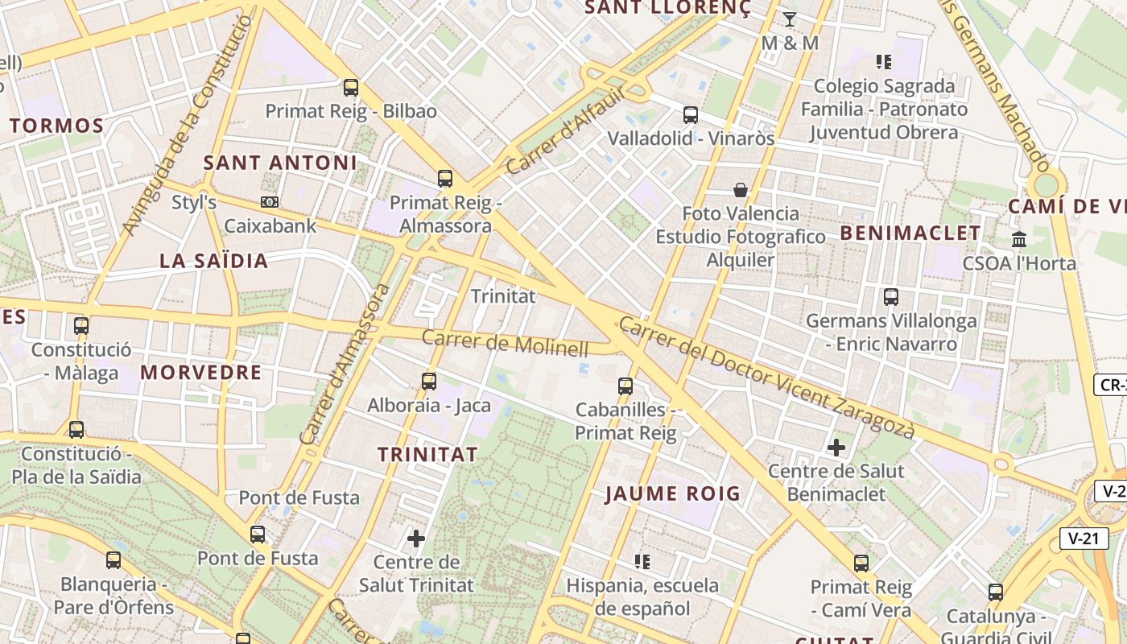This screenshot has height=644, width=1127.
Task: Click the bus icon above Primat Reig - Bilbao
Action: coord(350,87)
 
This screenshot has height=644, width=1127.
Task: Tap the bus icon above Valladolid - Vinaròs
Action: coord(691,114)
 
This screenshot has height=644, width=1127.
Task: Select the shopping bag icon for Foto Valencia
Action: coord(740,190)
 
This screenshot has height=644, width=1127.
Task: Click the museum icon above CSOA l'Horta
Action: coord(1019,239)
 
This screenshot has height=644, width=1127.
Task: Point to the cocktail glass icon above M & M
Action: coord(789,19)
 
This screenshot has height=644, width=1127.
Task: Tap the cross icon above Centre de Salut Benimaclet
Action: coord(836,447)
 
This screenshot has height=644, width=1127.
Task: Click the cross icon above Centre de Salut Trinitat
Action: coord(416,538)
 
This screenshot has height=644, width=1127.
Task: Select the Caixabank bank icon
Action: coord(269,202)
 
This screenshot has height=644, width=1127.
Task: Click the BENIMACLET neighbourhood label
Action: coord(910,233)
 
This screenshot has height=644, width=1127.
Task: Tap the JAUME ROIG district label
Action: coord(672,493)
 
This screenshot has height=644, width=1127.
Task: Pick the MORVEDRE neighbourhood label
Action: coord(201,372)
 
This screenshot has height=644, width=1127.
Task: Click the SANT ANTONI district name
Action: coord(280,163)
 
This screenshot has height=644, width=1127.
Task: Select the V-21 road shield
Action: coord(1084,539)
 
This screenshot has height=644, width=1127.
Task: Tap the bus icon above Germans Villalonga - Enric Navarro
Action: coord(891,296)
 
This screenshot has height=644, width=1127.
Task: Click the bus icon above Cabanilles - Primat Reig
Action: coord(625,386)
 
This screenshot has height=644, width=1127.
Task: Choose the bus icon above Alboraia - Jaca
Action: coord(429,381)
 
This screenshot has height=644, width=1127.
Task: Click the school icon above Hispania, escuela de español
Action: coord(642,560)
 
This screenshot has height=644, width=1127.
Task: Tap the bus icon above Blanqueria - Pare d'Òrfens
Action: coord(114,559)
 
